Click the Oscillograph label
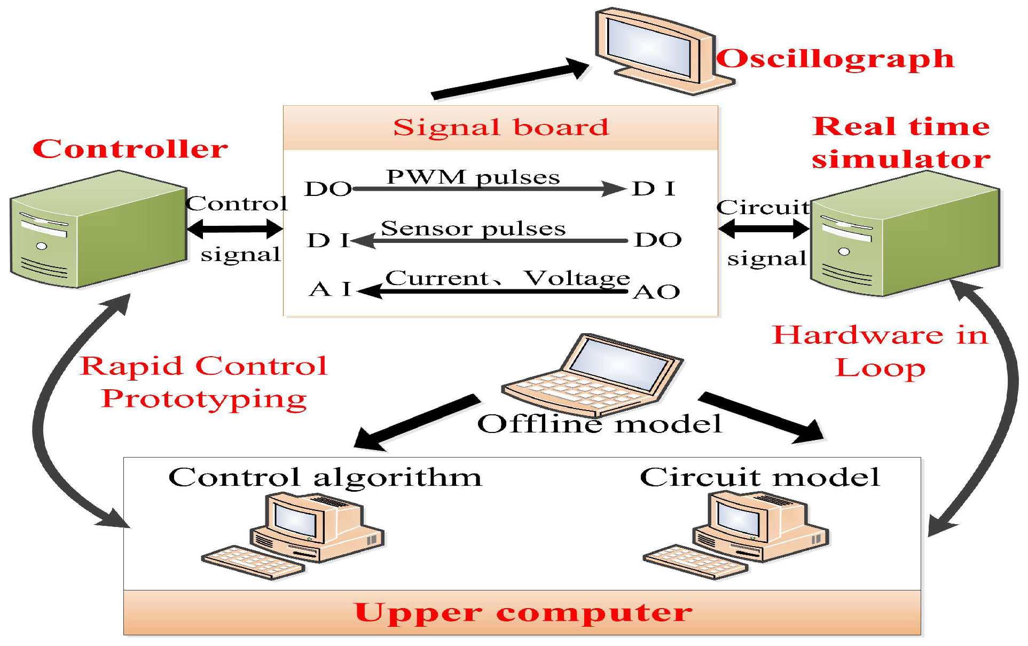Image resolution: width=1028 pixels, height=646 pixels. pos(834,59)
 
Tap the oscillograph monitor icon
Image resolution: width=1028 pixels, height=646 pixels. pos(657,51)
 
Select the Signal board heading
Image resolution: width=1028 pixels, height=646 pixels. pos(500,128)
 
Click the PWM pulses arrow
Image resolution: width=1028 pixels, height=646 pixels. pos(489,188)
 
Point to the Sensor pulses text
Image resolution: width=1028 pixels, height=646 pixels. pos(473,229)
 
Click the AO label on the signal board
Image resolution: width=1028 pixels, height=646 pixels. pos(656,292)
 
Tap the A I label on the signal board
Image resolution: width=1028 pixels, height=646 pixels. pos(330,289)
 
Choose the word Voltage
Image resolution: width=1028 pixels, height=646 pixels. pos(577,278)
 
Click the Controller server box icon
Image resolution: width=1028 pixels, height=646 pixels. pos(99,230)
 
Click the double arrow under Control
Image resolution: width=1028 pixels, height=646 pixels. pos(235,229)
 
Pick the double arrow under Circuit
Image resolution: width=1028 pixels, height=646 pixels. pos(764,229)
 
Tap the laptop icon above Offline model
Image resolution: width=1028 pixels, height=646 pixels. pos(593,374)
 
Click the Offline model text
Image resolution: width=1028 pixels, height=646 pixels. pos(599,424)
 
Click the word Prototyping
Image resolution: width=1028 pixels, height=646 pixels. pos(204,399)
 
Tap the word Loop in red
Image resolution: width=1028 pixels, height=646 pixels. pos(880,368)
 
